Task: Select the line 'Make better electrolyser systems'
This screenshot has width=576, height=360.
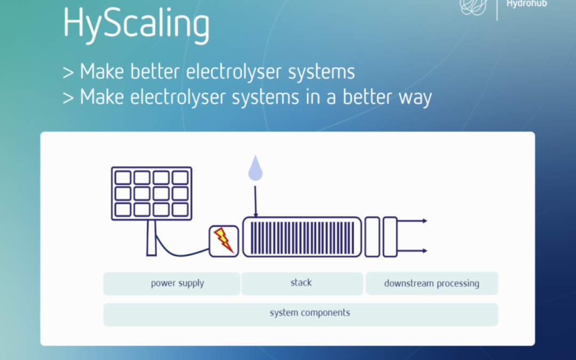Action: (x=209, y=71)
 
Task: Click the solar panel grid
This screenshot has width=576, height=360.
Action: (x=151, y=193)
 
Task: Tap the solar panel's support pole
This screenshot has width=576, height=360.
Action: (x=152, y=238)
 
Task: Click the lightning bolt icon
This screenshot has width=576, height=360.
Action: (x=223, y=240)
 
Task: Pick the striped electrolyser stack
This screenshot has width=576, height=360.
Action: (x=302, y=237)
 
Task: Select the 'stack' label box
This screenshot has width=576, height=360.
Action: (x=302, y=283)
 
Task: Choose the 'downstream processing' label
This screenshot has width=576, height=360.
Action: (x=431, y=283)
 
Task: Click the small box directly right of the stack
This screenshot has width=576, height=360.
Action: (x=372, y=237)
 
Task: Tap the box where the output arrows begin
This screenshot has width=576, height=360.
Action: (x=390, y=237)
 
